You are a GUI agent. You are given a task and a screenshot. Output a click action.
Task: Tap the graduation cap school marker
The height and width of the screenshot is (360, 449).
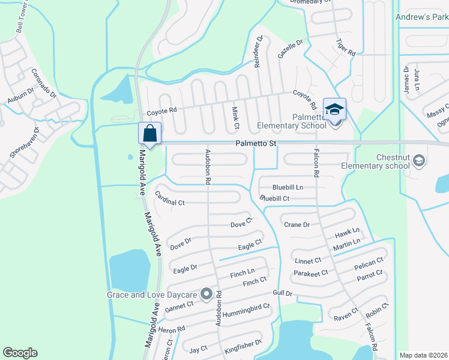pos(334,109)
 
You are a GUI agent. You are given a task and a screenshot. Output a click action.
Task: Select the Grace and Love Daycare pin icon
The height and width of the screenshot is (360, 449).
pos(206,294)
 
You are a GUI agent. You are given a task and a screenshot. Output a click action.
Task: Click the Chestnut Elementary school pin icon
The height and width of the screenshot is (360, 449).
pos(419,160)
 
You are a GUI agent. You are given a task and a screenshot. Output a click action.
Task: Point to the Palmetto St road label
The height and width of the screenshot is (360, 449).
pos(256,144)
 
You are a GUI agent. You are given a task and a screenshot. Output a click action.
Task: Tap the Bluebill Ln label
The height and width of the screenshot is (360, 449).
pos(288,187)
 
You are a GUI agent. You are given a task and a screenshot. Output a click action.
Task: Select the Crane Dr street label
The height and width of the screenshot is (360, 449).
pos(297,224)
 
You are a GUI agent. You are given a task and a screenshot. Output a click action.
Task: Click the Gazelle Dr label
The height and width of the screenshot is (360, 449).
pos(291,46)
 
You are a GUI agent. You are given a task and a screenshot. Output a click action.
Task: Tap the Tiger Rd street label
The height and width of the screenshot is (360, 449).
pos(346,47)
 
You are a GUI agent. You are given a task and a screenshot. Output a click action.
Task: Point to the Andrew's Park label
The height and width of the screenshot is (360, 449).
pos(421,17)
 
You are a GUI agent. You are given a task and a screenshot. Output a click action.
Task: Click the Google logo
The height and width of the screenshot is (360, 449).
pos(20,353)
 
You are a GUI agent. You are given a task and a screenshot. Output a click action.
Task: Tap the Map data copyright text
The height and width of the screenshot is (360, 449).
pos(423,355)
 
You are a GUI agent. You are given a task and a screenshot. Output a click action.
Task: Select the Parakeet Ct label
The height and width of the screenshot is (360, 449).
pos(311,274)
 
